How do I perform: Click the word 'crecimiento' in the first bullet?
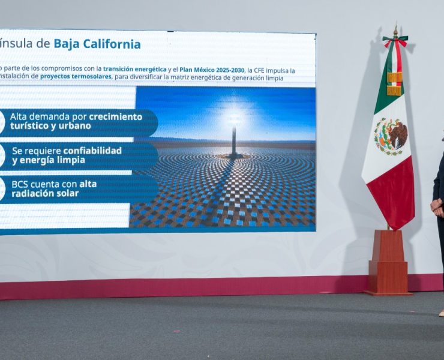(116, 116)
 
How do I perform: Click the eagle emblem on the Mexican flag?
(391, 136)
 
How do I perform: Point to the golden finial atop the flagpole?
(395, 31)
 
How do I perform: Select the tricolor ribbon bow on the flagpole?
(395, 43)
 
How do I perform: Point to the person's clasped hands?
(436, 206)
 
